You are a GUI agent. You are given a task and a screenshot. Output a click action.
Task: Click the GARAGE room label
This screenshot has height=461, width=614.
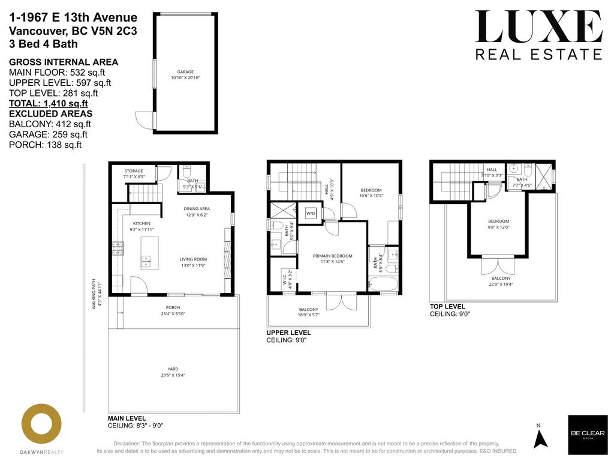click(185, 71)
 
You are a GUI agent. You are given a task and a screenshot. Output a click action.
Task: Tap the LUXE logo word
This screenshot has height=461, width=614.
click(538, 27)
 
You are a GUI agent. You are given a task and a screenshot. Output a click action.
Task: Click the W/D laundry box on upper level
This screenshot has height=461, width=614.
click(311, 213)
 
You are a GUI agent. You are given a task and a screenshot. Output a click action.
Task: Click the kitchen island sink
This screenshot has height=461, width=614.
click(146, 261)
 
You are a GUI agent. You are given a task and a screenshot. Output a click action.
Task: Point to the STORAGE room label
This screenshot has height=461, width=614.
click(134, 171)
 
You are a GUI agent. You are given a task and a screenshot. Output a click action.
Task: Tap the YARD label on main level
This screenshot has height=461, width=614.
click(173, 369)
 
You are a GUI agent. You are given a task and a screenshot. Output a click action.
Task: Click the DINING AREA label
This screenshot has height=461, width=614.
click(197, 209)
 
